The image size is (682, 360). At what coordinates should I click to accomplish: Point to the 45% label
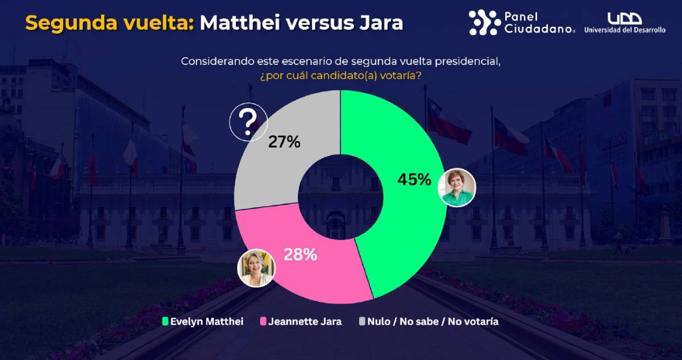414,180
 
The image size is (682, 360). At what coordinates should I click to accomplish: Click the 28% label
300,254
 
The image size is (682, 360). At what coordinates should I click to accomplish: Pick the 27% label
284,142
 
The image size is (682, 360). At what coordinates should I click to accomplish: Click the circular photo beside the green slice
457,187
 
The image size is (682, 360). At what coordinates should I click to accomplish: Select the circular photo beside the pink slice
256,268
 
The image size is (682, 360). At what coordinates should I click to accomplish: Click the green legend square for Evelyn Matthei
165,321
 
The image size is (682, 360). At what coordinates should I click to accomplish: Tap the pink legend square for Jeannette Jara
263,321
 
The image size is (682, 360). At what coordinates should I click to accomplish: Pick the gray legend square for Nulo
362,321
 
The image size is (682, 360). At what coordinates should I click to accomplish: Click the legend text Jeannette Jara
305,321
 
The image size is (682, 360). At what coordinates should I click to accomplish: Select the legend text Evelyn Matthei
207,321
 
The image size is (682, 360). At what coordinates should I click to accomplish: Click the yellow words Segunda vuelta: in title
110,23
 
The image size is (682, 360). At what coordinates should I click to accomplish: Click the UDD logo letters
625,18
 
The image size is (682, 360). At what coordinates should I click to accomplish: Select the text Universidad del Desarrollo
625,30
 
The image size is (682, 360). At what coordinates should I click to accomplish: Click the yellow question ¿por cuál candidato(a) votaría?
340,75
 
